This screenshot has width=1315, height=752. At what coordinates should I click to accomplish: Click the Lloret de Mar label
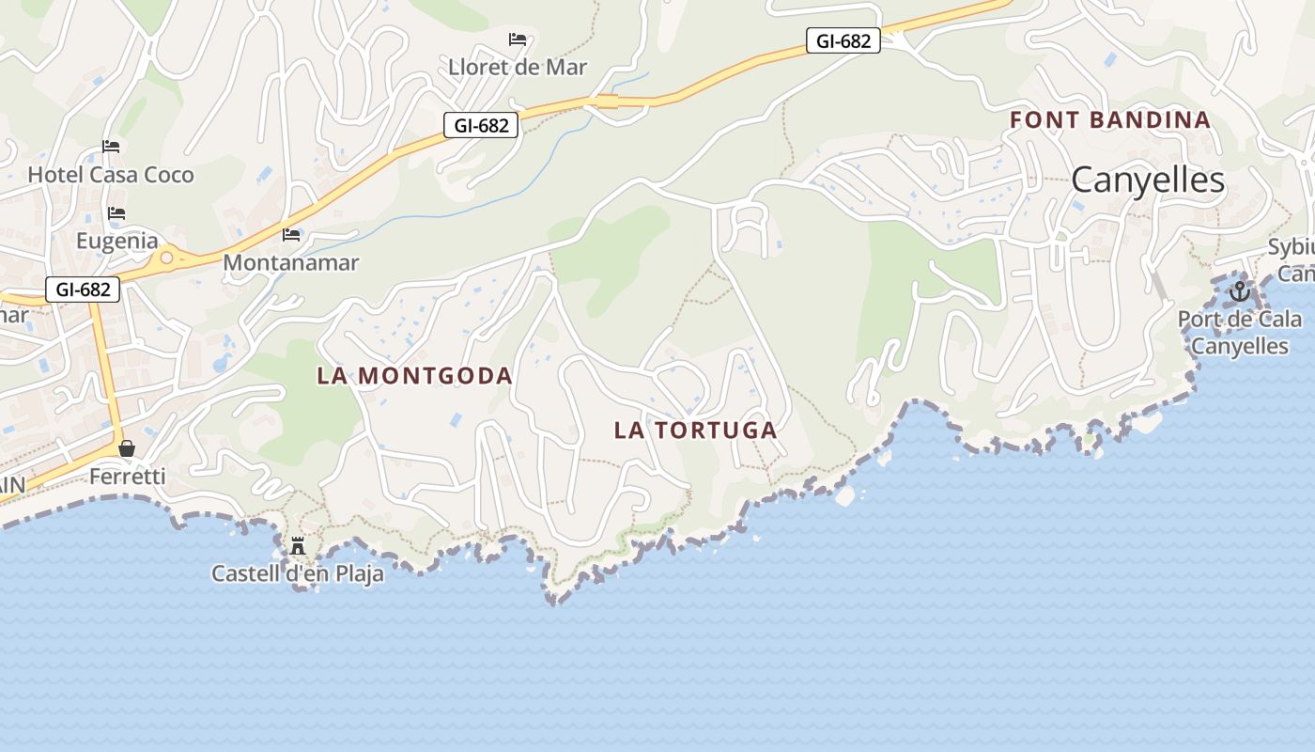[518, 67]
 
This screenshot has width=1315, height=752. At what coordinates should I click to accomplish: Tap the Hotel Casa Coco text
[111, 175]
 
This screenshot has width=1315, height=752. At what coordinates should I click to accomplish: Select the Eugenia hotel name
[117, 241]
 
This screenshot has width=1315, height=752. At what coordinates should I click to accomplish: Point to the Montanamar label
[290, 262]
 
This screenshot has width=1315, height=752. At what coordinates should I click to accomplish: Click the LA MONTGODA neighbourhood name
[414, 376]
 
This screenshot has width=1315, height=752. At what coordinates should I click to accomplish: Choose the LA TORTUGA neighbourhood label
[695, 431]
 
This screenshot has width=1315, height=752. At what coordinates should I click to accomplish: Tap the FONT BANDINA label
[1110, 120]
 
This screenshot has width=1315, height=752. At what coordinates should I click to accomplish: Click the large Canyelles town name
[1148, 180]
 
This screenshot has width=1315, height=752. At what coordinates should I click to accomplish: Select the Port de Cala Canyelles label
[1240, 333]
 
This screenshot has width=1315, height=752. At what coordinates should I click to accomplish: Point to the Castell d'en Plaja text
[298, 573]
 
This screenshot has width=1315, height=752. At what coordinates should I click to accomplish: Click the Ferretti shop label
[127, 477]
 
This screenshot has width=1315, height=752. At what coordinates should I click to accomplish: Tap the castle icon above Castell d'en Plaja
[298, 545]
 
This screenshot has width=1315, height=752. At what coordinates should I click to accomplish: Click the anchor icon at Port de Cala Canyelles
[1240, 290]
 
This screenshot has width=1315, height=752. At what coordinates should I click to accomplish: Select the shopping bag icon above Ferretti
[127, 449]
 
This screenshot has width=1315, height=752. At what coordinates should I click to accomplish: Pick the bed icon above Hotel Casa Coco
[111, 147]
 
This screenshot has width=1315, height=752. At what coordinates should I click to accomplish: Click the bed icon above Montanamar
[291, 234]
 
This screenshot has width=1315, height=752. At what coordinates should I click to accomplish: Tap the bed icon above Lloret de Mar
[518, 39]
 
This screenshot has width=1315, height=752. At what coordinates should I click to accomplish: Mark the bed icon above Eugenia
[116, 213]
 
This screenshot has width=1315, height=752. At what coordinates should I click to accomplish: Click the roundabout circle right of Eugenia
[166, 257]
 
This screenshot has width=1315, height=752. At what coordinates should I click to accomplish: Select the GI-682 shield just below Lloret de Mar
[481, 125]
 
